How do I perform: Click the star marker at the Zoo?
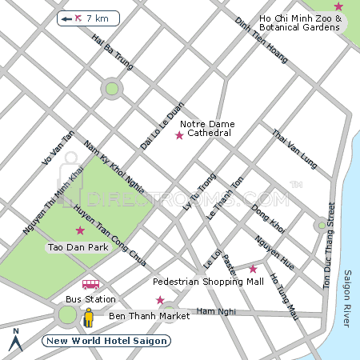[338, 6]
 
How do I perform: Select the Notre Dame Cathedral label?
[206, 128]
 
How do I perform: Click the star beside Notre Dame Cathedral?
[179, 136]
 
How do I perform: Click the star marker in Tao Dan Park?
[79, 230]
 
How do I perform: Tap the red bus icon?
[90, 284]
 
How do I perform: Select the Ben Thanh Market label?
[150, 316]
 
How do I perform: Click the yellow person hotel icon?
[89, 318]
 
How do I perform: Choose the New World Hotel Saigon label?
[106, 341]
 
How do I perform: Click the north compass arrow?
[14, 341]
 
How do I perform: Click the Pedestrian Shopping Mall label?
[208, 282]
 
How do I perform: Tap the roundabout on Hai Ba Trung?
[112, 89]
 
